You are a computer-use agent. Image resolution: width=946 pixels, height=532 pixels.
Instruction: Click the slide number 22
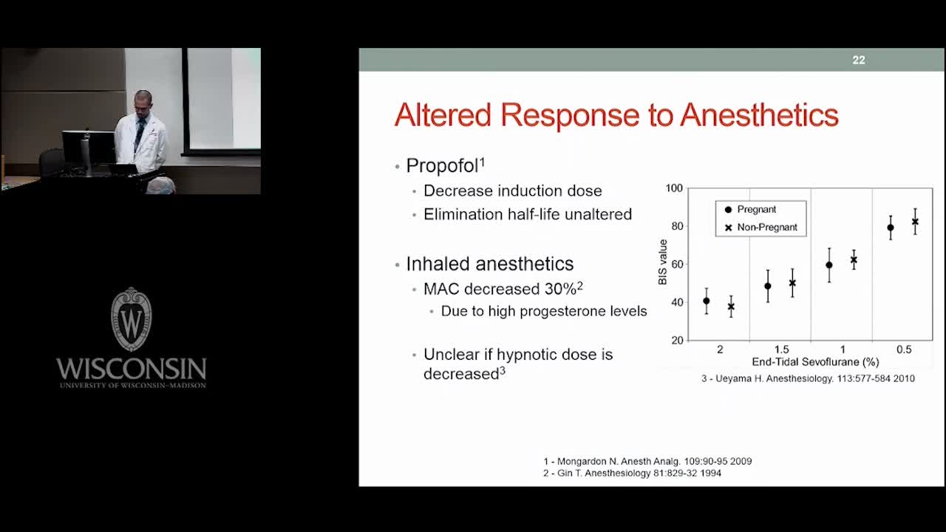[859, 60]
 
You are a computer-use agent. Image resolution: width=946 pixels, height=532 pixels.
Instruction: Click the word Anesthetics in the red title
[759, 115]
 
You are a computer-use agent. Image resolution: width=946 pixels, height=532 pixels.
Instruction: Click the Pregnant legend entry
[750, 209]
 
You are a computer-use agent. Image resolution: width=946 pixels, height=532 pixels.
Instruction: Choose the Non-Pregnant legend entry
[761, 227]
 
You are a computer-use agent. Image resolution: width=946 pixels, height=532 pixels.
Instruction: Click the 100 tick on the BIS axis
[674, 188]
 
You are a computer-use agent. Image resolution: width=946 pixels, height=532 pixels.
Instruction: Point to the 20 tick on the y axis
[677, 341]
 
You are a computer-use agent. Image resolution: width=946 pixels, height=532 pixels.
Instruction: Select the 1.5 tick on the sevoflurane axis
[781, 349]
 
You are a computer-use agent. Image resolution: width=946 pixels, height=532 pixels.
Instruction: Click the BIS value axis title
[663, 262]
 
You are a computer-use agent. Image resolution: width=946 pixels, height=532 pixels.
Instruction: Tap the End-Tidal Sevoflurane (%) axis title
[815, 362]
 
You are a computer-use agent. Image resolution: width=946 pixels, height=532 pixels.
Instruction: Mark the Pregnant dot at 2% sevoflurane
[706, 301]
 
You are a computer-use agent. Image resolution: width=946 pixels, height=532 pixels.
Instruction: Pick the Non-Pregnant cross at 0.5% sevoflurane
[915, 222]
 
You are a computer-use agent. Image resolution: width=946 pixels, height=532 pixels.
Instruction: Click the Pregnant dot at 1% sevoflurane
[829, 265]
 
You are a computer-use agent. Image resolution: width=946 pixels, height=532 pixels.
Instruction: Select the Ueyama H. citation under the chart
[808, 378]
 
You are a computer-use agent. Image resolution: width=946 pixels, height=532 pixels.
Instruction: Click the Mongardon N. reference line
[647, 461]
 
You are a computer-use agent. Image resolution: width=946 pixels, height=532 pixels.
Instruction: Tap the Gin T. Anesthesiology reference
[632, 473]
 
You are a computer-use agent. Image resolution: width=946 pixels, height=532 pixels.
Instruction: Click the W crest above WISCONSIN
[132, 319]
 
